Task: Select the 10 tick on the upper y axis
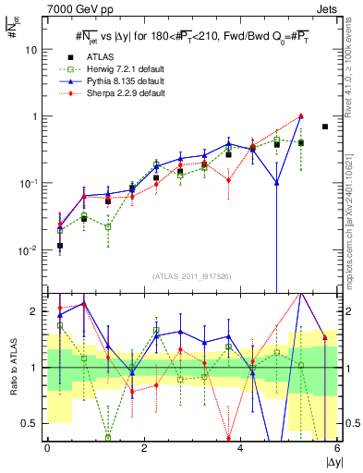[34, 49]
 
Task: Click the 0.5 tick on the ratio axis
[32, 423]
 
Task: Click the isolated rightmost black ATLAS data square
[325, 127]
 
